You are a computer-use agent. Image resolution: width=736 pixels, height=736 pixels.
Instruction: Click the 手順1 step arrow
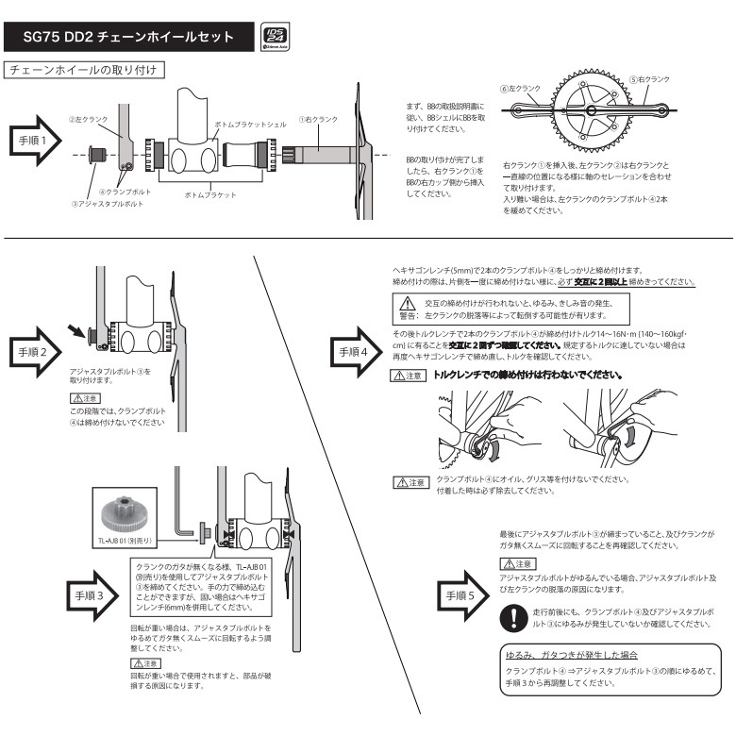coord(38,141)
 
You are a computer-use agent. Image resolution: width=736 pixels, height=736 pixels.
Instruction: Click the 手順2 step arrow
coord(38,351)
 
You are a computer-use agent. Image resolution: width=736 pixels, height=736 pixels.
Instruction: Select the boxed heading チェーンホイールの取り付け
coord(86,70)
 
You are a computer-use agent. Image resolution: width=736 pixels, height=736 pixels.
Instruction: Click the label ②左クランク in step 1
coord(89,120)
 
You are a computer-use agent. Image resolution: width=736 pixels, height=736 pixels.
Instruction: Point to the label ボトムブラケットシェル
coord(247,124)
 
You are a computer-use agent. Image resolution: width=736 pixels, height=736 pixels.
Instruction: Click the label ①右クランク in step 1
coord(318,120)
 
